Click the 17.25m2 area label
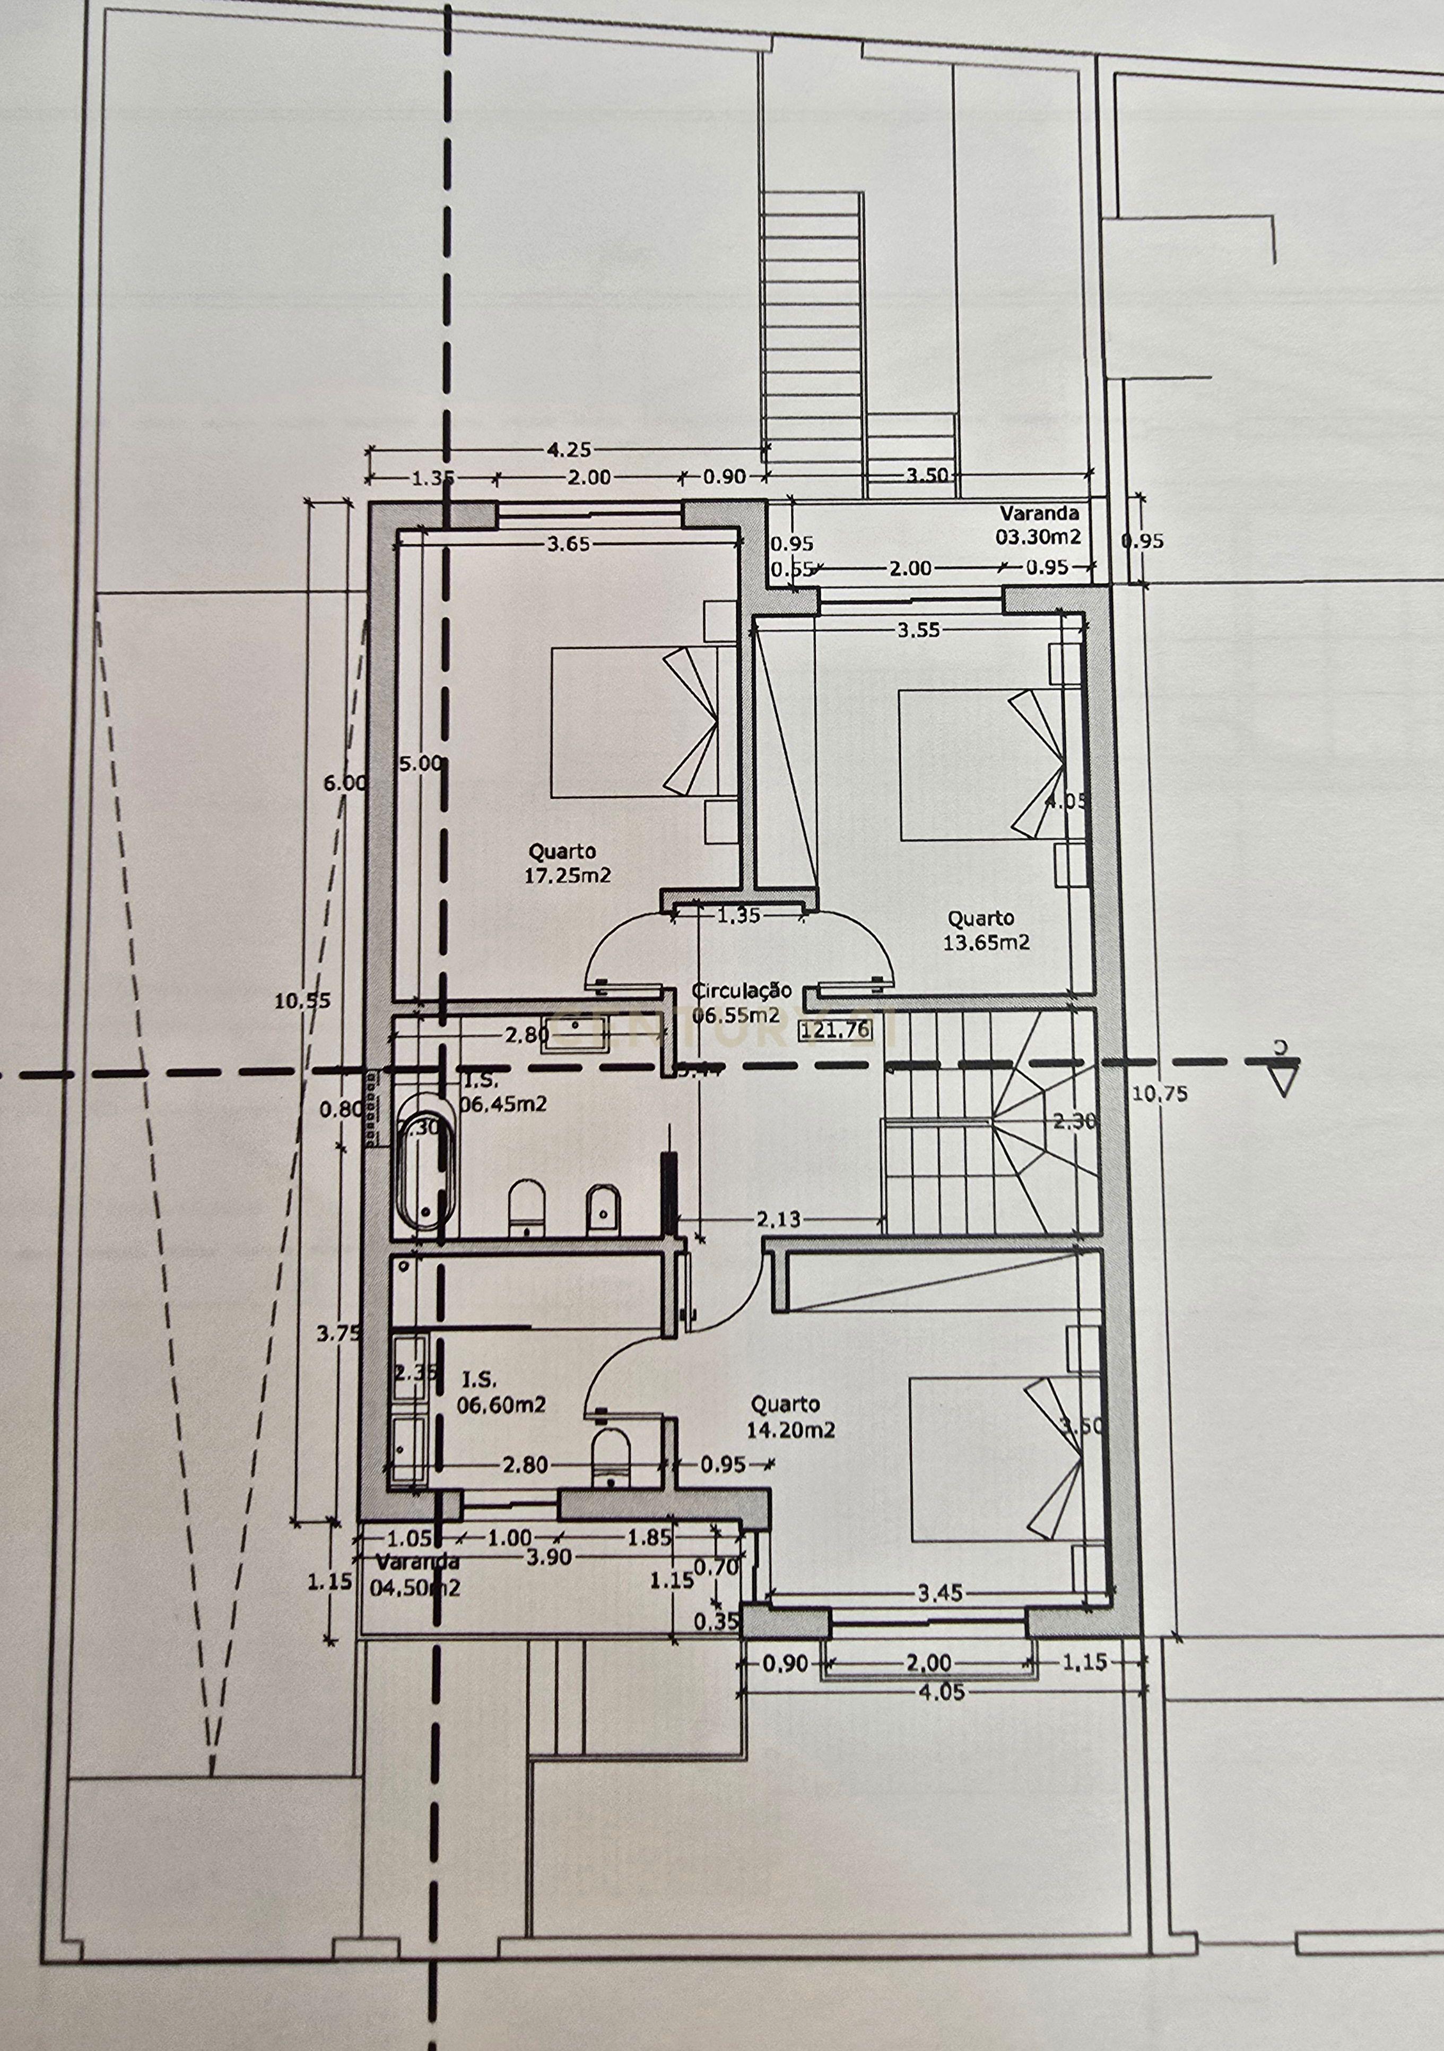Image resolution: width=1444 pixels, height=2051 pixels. tap(568, 875)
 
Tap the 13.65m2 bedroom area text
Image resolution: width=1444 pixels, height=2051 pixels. tap(987, 942)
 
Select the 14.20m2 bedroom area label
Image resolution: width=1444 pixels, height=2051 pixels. tap(791, 1430)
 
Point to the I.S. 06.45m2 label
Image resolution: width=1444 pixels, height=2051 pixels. tap(502, 1093)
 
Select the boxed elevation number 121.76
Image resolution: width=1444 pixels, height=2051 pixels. tap(837, 1030)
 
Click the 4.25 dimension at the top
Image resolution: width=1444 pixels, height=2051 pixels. tap(568, 450)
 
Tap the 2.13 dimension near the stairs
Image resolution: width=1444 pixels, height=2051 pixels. tap(778, 1219)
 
